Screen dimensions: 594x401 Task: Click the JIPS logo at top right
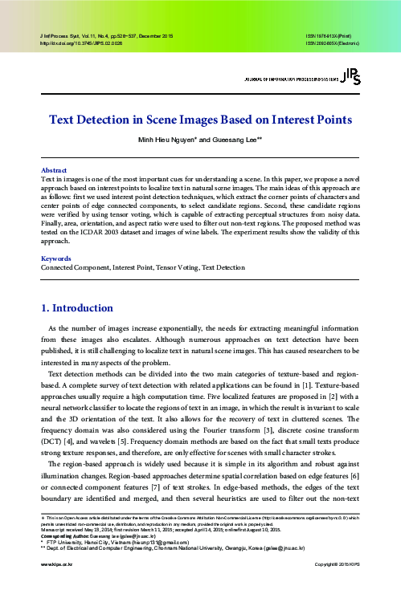350,75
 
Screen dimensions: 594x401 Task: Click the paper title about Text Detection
200,120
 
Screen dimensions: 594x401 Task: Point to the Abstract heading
54,169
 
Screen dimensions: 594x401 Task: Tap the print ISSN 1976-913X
331,37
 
